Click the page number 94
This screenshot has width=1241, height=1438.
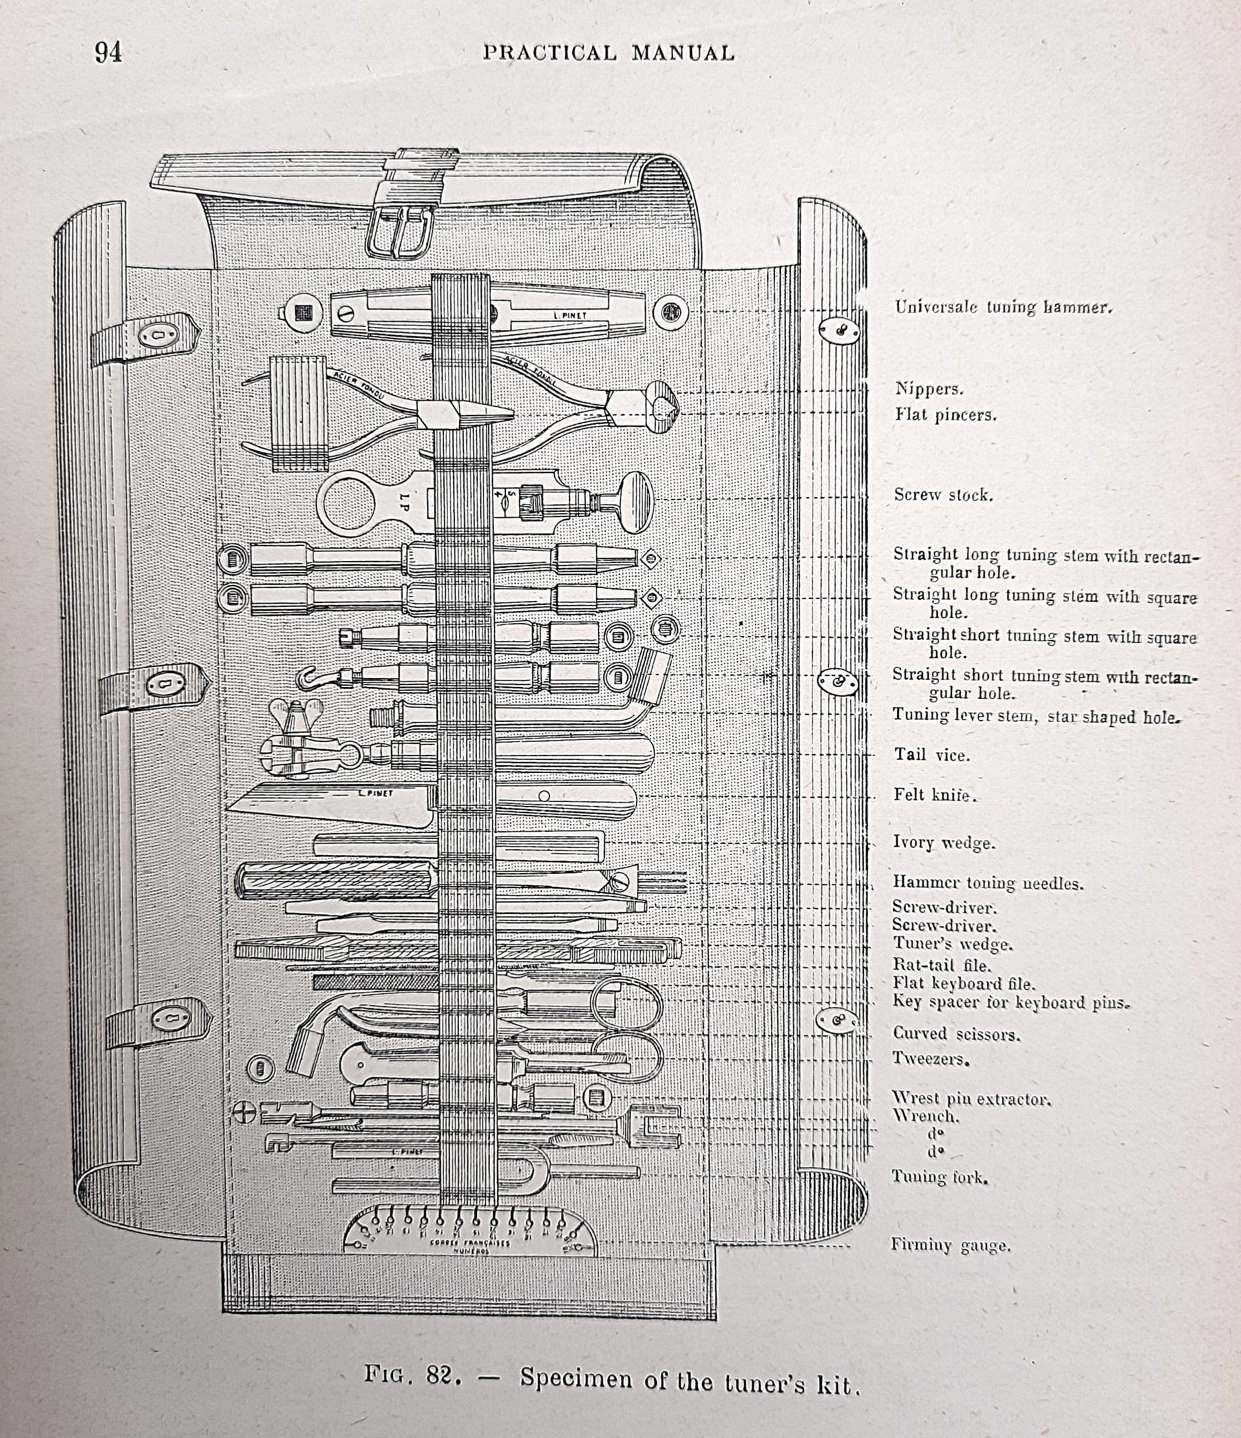[x=109, y=53]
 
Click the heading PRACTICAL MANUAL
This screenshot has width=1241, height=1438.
[x=608, y=54]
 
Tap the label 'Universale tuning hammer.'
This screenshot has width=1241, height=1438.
[x=1003, y=307]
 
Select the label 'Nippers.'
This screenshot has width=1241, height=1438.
[x=929, y=388]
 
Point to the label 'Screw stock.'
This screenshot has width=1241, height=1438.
[x=943, y=495]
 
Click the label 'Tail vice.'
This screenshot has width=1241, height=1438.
[x=931, y=755]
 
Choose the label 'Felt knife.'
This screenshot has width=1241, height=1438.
[x=935, y=795]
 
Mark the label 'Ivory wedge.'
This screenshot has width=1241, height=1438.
[x=943, y=843]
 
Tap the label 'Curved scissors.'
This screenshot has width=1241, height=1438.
[x=956, y=1034]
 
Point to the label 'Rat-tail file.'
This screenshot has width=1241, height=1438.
[x=941, y=965]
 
